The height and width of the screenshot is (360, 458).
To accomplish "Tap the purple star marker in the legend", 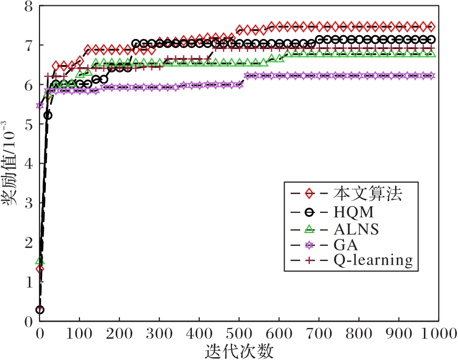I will click(x=309, y=245).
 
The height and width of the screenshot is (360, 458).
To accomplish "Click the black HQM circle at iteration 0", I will click(x=39, y=310).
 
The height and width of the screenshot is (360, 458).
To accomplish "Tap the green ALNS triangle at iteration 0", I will click(x=39, y=260).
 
